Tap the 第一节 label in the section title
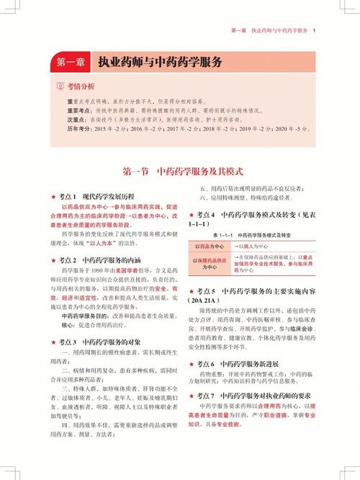136,172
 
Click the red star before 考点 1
53,196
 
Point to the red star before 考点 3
53,342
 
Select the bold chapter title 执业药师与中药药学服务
160,63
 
